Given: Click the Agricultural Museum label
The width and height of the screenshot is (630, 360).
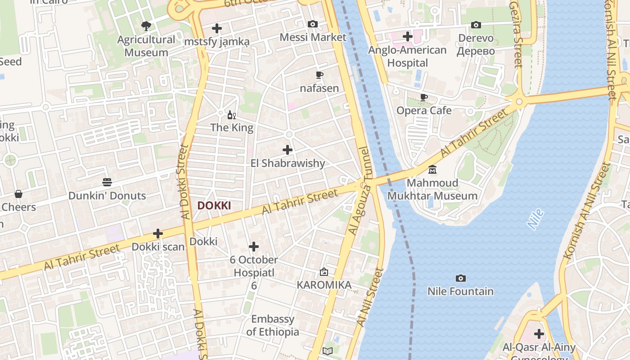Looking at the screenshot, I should (146, 46).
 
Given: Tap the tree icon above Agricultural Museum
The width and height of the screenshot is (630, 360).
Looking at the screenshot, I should (146, 26).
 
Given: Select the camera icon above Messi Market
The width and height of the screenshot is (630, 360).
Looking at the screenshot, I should (313, 24).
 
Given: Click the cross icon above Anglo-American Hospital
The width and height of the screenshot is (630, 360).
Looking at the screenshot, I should (408, 36).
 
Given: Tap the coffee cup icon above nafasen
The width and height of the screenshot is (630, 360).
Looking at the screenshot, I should (319, 75).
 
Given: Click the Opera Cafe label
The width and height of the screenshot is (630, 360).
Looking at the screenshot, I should (424, 110).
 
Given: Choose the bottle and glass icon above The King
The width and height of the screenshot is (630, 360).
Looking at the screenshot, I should (232, 115).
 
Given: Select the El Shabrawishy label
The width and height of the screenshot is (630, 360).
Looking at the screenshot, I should (288, 163).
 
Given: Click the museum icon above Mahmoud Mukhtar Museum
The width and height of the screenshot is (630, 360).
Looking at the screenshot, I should (432, 170).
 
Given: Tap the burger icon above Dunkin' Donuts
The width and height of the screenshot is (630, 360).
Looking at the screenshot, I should (107, 182).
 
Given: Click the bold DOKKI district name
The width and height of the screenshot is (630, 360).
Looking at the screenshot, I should (214, 206).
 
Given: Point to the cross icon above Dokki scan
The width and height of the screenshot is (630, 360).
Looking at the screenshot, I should (158, 234).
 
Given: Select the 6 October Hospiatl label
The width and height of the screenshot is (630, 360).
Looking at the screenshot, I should (254, 266).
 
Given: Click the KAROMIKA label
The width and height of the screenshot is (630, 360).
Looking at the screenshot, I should (324, 285).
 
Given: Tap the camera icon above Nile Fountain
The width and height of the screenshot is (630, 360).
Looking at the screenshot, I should (460, 278).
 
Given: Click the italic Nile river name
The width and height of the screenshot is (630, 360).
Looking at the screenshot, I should (535, 219).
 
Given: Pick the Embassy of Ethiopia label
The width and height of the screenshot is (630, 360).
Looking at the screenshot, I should (273, 325).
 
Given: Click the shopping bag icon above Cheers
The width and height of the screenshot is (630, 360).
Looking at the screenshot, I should (18, 194).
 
